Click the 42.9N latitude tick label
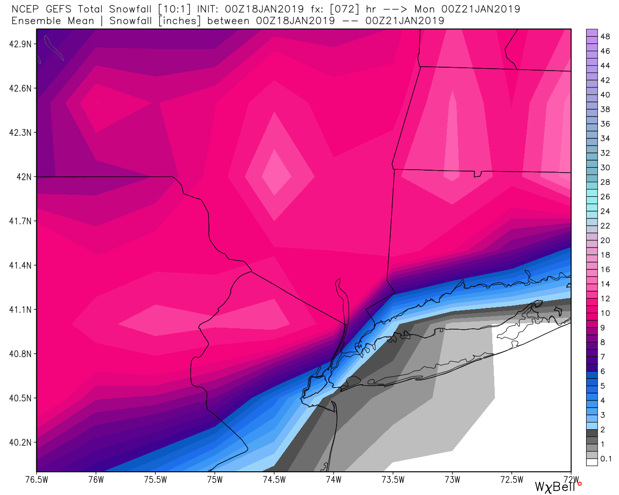click(x=20, y=44)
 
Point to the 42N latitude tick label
click(x=24, y=177)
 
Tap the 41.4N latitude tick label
click(x=20, y=265)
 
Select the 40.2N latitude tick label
click(x=20, y=442)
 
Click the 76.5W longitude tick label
click(x=37, y=480)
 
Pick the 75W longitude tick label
click(x=215, y=480)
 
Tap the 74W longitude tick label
click(x=334, y=480)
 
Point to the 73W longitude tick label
click(x=453, y=480)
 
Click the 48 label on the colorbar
click(x=605, y=37)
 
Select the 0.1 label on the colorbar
click(x=606, y=459)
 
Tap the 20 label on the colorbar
click(x=605, y=240)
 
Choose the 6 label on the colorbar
click(x=603, y=371)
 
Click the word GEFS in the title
click(x=59, y=9)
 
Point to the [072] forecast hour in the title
click(x=345, y=9)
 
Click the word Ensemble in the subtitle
click(x=36, y=21)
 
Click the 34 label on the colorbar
click(x=605, y=138)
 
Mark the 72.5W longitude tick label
click(x=512, y=480)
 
